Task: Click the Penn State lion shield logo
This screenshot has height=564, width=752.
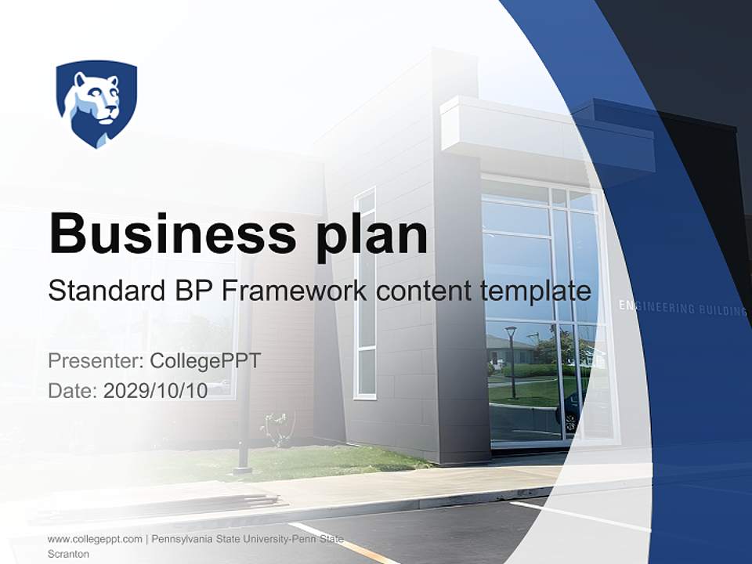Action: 96,103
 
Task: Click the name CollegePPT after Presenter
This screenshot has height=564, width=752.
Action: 204,361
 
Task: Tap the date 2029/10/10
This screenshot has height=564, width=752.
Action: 155,391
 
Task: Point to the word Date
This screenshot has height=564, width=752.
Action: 72,391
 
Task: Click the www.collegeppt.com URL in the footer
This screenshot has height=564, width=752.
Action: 95,539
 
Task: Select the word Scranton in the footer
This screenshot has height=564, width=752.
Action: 68,554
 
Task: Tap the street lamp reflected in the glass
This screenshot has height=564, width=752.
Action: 511,360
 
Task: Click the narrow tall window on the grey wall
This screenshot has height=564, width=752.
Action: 365,294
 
